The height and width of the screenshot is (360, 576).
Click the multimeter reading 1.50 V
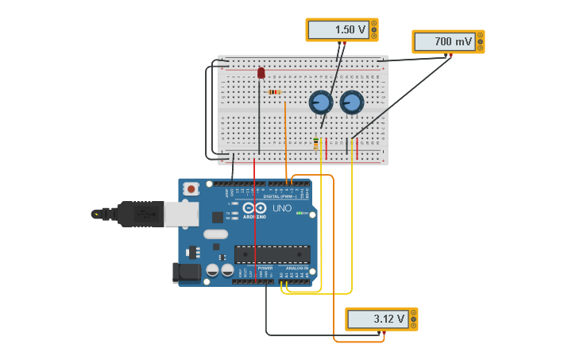[x=342, y=29]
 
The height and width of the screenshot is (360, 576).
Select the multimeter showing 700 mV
[x=447, y=41]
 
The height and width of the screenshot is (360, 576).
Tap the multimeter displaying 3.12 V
[x=381, y=319]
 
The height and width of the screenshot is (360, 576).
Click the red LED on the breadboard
[x=261, y=73]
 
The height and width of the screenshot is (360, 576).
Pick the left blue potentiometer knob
[x=320, y=103]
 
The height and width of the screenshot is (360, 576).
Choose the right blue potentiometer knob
[x=351, y=103]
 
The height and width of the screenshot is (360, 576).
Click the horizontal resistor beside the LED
[x=275, y=92]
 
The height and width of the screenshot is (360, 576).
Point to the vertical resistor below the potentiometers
[x=315, y=143]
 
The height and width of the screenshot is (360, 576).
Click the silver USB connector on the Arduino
[x=181, y=213]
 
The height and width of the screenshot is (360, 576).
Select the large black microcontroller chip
[x=272, y=254]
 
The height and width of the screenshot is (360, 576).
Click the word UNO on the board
[x=282, y=208]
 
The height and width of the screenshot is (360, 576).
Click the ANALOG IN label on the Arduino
[x=296, y=269]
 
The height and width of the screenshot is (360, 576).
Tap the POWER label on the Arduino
[x=265, y=269]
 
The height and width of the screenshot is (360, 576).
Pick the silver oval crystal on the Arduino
[x=215, y=234]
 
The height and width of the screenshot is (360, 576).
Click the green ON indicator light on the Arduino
[x=300, y=213]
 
